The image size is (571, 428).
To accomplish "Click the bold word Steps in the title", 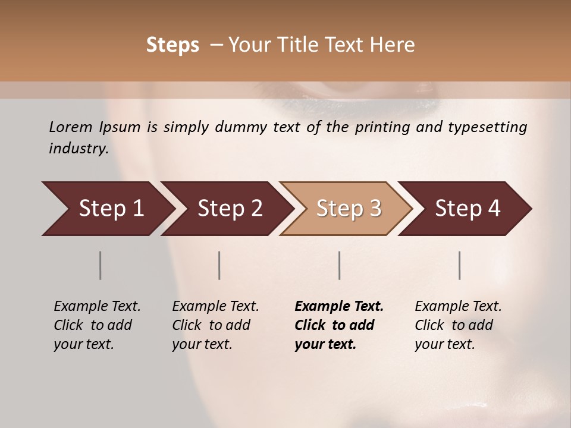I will tap(172, 45).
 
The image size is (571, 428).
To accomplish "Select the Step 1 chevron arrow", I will tap(107, 209).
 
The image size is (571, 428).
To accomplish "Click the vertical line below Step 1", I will tap(101, 265).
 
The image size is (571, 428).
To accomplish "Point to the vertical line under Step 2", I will tap(219, 265).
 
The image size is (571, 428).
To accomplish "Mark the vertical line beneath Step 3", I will tap(340, 265).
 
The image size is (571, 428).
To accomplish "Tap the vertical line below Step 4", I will tap(460, 265).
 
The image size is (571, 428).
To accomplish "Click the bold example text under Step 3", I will tap(338, 325).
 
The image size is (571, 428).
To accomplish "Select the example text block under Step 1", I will tap(96, 325).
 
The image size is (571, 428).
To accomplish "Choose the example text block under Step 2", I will tap(215, 325).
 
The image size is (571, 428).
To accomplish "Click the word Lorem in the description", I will tap(71, 127).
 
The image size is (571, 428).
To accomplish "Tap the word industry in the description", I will tap(79, 149).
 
